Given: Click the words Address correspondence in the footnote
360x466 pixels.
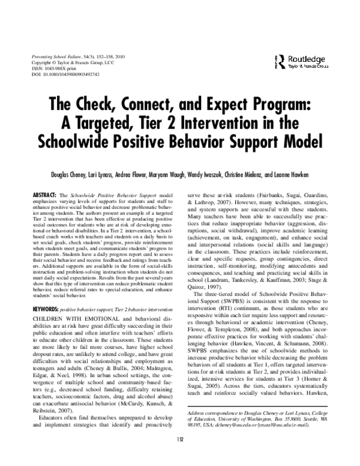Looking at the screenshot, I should tap(211, 414).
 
